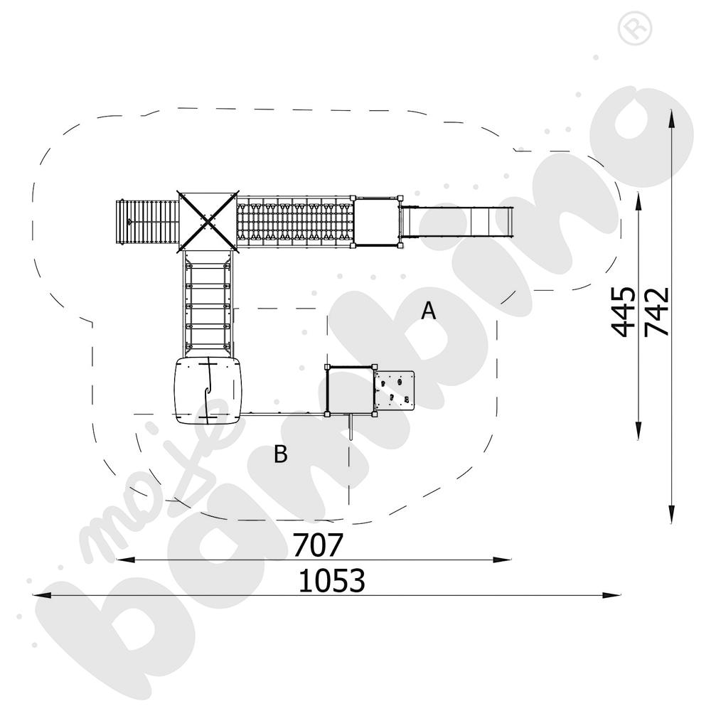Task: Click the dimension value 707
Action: point(318,545)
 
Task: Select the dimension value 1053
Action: point(331,581)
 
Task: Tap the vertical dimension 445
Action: point(623,311)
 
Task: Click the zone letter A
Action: point(428,311)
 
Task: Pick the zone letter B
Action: point(281,454)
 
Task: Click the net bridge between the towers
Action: point(295,223)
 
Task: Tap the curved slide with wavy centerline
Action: point(207,391)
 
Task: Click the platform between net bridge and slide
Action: point(377,223)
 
